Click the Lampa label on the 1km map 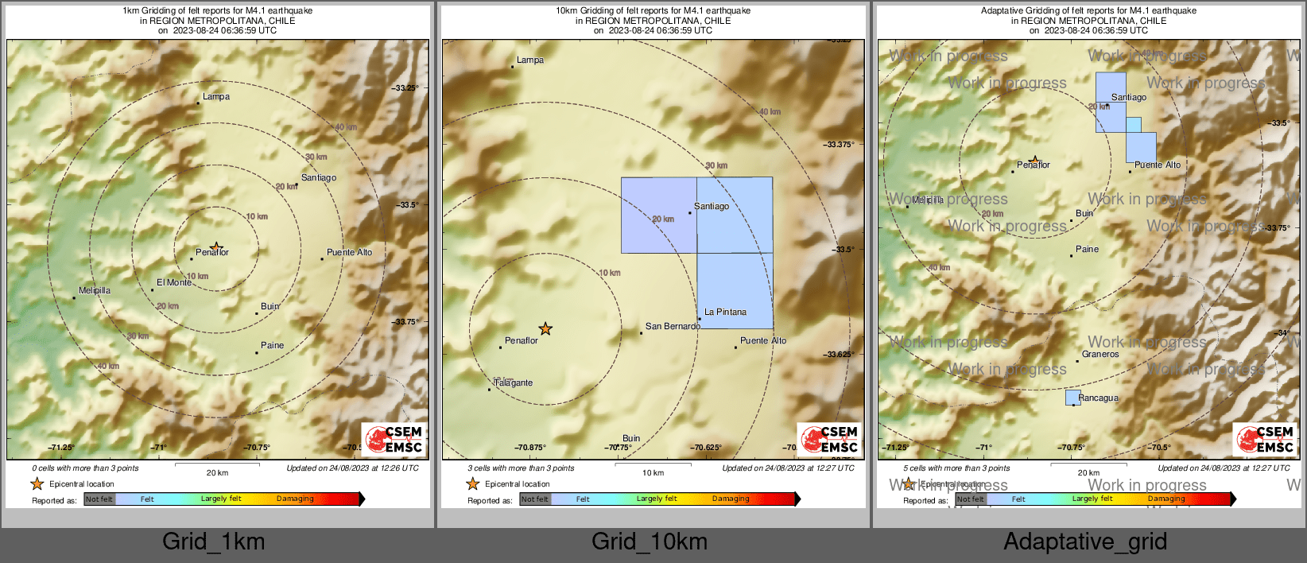(x=216, y=97)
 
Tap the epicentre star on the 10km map (x=545, y=328)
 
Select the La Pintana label (x=725, y=313)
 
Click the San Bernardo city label (x=673, y=326)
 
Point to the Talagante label (x=514, y=382)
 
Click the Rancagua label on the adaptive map (x=1099, y=398)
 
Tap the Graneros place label (x=1100, y=354)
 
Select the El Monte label (x=174, y=282)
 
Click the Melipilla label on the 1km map (x=95, y=290)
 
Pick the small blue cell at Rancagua (x=1072, y=398)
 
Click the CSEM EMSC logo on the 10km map (x=830, y=439)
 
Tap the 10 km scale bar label (x=653, y=473)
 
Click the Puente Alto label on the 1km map (x=349, y=253)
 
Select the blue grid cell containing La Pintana (x=735, y=290)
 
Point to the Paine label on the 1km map (x=272, y=345)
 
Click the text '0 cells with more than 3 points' (x=85, y=468)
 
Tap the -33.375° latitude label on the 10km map (x=840, y=145)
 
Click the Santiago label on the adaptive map (x=1129, y=98)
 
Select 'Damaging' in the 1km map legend (x=295, y=499)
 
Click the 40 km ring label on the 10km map (x=770, y=112)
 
